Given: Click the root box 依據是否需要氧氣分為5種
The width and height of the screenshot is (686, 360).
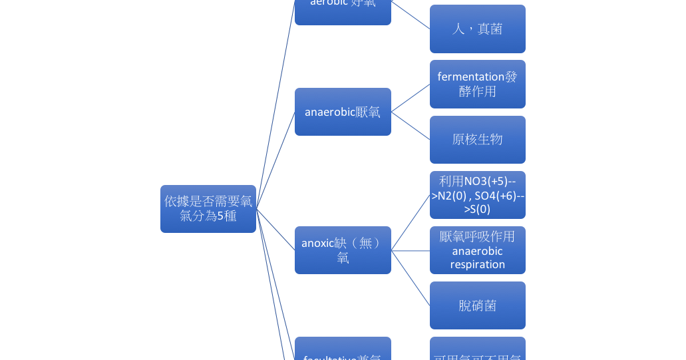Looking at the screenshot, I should click(x=208, y=209).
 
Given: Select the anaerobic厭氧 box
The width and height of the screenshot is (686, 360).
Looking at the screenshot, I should click(x=343, y=112).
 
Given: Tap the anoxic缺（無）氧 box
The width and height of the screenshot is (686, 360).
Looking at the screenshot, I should click(x=343, y=250).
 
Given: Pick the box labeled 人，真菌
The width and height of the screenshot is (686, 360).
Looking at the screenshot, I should click(x=477, y=29).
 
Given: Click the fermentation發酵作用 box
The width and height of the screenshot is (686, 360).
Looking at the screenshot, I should click(x=477, y=84).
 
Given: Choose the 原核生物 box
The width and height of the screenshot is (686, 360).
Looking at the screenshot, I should click(x=477, y=140).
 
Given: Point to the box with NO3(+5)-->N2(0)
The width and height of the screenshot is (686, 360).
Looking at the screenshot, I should click(x=477, y=195).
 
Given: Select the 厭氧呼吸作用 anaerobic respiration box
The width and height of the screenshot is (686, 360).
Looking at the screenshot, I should click(x=477, y=250).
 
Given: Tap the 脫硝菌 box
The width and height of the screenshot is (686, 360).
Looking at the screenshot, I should click(x=477, y=305).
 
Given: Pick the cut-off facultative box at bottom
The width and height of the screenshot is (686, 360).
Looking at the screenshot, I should click(x=343, y=351).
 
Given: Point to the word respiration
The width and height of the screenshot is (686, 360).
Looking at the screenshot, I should click(x=477, y=265).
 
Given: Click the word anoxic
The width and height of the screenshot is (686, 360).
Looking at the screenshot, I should click(x=317, y=244).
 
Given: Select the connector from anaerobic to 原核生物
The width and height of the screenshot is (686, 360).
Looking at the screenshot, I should click(x=411, y=126).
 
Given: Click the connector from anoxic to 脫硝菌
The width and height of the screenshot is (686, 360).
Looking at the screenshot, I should click(x=411, y=278).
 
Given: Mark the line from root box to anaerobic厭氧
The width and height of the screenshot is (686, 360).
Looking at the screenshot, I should click(x=275, y=160).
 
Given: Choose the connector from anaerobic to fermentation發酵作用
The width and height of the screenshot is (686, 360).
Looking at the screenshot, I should click(x=411, y=98).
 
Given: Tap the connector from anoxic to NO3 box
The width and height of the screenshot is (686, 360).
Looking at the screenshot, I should click(x=411, y=223).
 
